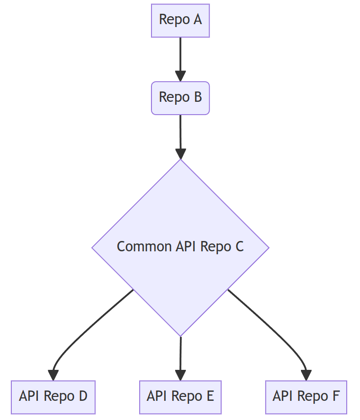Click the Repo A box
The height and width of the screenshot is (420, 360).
(x=180, y=20)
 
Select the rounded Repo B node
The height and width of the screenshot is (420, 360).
(x=180, y=98)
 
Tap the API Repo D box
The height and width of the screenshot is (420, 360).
(x=53, y=396)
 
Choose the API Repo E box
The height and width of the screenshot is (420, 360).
(x=180, y=396)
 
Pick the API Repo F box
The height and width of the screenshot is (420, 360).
(x=306, y=396)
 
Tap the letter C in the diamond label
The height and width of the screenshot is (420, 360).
(x=239, y=246)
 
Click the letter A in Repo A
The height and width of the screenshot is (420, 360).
(x=197, y=20)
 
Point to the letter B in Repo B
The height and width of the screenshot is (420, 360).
(x=197, y=97)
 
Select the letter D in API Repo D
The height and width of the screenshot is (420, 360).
(x=83, y=396)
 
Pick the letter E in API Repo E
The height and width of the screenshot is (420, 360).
(x=210, y=396)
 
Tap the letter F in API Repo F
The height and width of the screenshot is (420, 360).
(x=335, y=396)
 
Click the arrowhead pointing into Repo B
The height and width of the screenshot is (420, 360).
(x=180, y=76)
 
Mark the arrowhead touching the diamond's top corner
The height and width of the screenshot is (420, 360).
(x=180, y=153)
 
